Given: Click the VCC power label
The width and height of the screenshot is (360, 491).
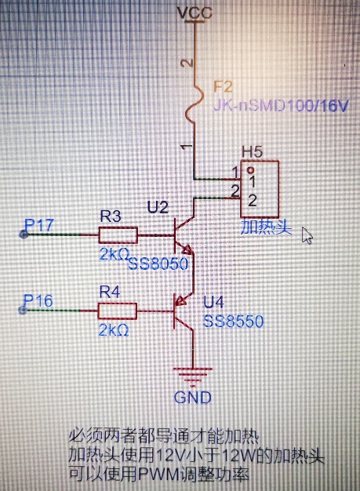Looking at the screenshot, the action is (x=195, y=13).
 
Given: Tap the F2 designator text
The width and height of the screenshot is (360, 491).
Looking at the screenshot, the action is (x=223, y=87).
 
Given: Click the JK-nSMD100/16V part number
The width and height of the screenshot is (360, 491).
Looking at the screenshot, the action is (x=281, y=107).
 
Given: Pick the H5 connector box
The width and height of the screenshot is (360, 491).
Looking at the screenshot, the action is (x=260, y=189).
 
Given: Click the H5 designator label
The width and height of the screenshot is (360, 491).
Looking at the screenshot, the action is (x=253, y=152).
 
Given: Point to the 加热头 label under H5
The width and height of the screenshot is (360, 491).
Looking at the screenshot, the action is (x=266, y=227).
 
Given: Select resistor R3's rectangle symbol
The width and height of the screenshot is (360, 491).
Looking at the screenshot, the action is (x=118, y=235).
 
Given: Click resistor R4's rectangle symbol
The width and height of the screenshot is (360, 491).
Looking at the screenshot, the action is (x=118, y=311).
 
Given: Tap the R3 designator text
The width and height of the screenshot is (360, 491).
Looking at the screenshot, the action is (x=110, y=216).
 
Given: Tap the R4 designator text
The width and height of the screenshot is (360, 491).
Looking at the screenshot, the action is (x=110, y=292).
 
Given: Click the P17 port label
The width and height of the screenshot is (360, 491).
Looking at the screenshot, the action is (x=39, y=225).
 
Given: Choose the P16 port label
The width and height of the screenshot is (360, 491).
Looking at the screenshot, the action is (x=38, y=301).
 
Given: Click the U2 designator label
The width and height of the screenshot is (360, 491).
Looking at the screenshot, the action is (x=158, y=207).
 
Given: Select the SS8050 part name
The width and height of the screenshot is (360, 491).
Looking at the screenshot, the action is (x=158, y=264).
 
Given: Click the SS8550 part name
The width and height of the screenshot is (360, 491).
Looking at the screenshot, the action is (x=234, y=322).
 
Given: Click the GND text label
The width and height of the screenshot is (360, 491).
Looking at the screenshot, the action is (x=193, y=398).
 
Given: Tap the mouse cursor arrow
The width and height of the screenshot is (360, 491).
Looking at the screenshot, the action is (x=307, y=235).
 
